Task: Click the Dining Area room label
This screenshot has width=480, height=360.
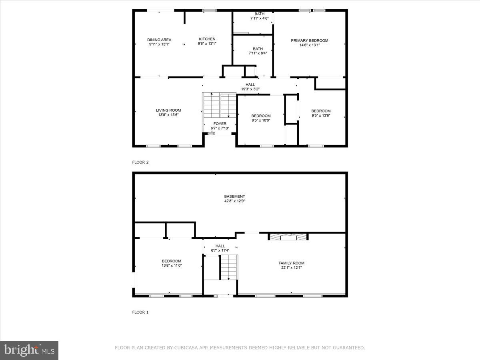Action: [x=159, y=40]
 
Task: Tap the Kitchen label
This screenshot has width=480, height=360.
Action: [x=207, y=39]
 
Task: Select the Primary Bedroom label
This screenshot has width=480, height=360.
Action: [x=309, y=40]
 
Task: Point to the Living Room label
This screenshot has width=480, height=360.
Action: [x=168, y=110]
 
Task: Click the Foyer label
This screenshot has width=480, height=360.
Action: [x=220, y=124]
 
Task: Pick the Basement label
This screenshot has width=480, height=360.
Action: [x=234, y=196]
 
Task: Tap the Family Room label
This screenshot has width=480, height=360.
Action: [x=291, y=263]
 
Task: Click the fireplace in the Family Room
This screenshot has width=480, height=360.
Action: [x=288, y=237]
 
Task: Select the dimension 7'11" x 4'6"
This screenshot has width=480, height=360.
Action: [x=259, y=18]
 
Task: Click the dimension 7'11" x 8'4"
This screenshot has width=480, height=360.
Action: [x=258, y=53]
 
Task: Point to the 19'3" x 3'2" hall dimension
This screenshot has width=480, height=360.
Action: [x=250, y=89]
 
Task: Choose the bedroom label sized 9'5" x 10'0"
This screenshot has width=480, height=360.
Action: [x=261, y=116]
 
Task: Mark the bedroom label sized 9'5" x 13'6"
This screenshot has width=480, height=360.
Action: [x=321, y=111]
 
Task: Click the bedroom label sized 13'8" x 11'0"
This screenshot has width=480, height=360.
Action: [x=171, y=261]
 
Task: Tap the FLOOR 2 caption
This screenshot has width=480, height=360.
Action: [x=140, y=162]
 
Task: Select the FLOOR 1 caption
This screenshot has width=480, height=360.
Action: [x=140, y=312]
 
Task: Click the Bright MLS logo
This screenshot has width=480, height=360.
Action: [x=29, y=350]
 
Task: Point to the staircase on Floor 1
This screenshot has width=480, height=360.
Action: [x=229, y=267]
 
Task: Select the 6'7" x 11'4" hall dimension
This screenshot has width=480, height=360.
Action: [x=220, y=250]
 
